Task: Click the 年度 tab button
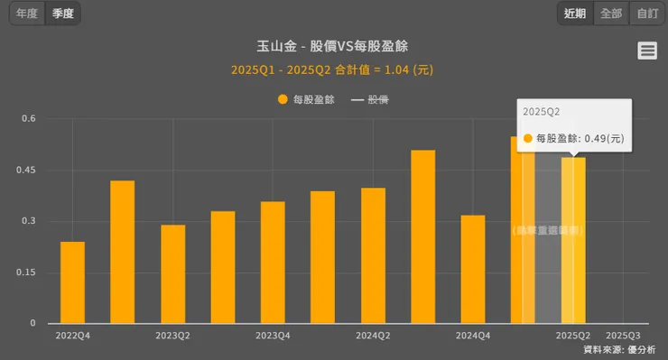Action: tap(27, 14)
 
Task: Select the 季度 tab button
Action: tap(63, 14)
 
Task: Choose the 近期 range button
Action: tap(575, 14)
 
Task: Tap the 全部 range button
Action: tap(611, 14)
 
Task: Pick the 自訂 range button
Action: tap(646, 14)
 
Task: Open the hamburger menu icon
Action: tap(647, 51)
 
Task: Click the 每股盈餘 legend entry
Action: tap(307, 100)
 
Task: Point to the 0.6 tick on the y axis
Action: tap(29, 118)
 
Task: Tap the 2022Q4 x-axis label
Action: tap(72, 336)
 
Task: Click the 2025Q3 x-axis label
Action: tap(623, 336)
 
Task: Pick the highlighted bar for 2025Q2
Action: tap(573, 240)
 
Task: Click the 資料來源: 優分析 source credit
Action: tap(619, 349)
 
